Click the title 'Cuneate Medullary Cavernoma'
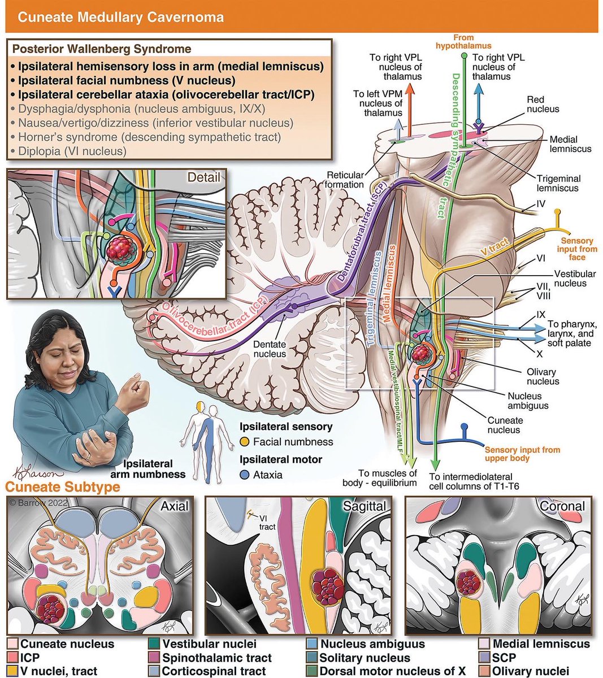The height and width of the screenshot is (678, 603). click(120, 16)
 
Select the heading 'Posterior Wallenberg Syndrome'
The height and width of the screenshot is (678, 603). click(102, 49)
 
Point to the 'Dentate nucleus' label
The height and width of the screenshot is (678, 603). click(269, 349)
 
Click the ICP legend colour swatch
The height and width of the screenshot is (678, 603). click(13, 658)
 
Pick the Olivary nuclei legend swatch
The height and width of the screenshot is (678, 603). click(485, 672)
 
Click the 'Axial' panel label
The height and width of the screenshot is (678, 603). click(174, 506)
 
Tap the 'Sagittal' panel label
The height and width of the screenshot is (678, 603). click(365, 506)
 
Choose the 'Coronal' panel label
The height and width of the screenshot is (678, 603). click(563, 506)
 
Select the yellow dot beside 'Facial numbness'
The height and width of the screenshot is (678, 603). click(244, 442)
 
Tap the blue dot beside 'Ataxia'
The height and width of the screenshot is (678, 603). click(244, 475)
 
